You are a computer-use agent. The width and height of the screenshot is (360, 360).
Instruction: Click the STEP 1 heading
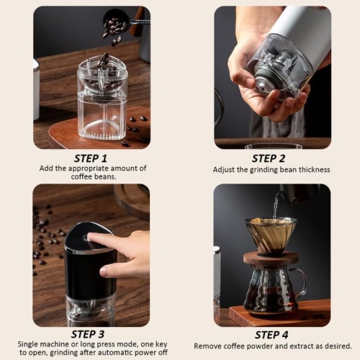91,158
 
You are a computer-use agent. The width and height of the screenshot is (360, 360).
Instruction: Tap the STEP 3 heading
91,335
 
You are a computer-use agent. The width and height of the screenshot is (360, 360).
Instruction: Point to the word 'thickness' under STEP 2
312,169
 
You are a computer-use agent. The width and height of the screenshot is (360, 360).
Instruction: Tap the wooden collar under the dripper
269,257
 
